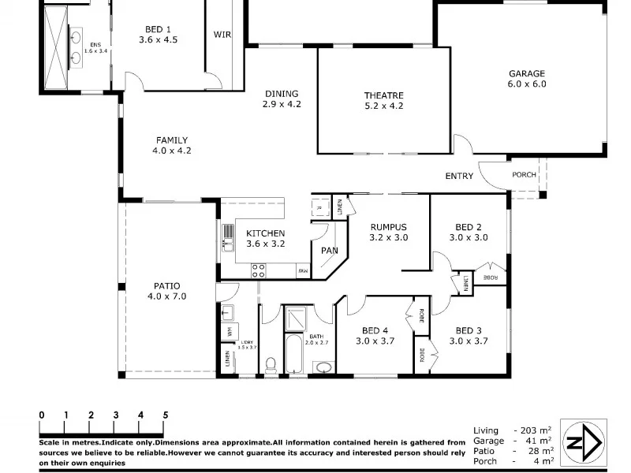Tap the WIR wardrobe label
tap(222, 35)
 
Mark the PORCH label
tap(524, 175)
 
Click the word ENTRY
tap(459, 176)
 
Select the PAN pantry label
tap(329, 251)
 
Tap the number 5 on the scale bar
tap(165, 414)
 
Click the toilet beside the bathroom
tap(270, 365)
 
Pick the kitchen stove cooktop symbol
tap(258, 270)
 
